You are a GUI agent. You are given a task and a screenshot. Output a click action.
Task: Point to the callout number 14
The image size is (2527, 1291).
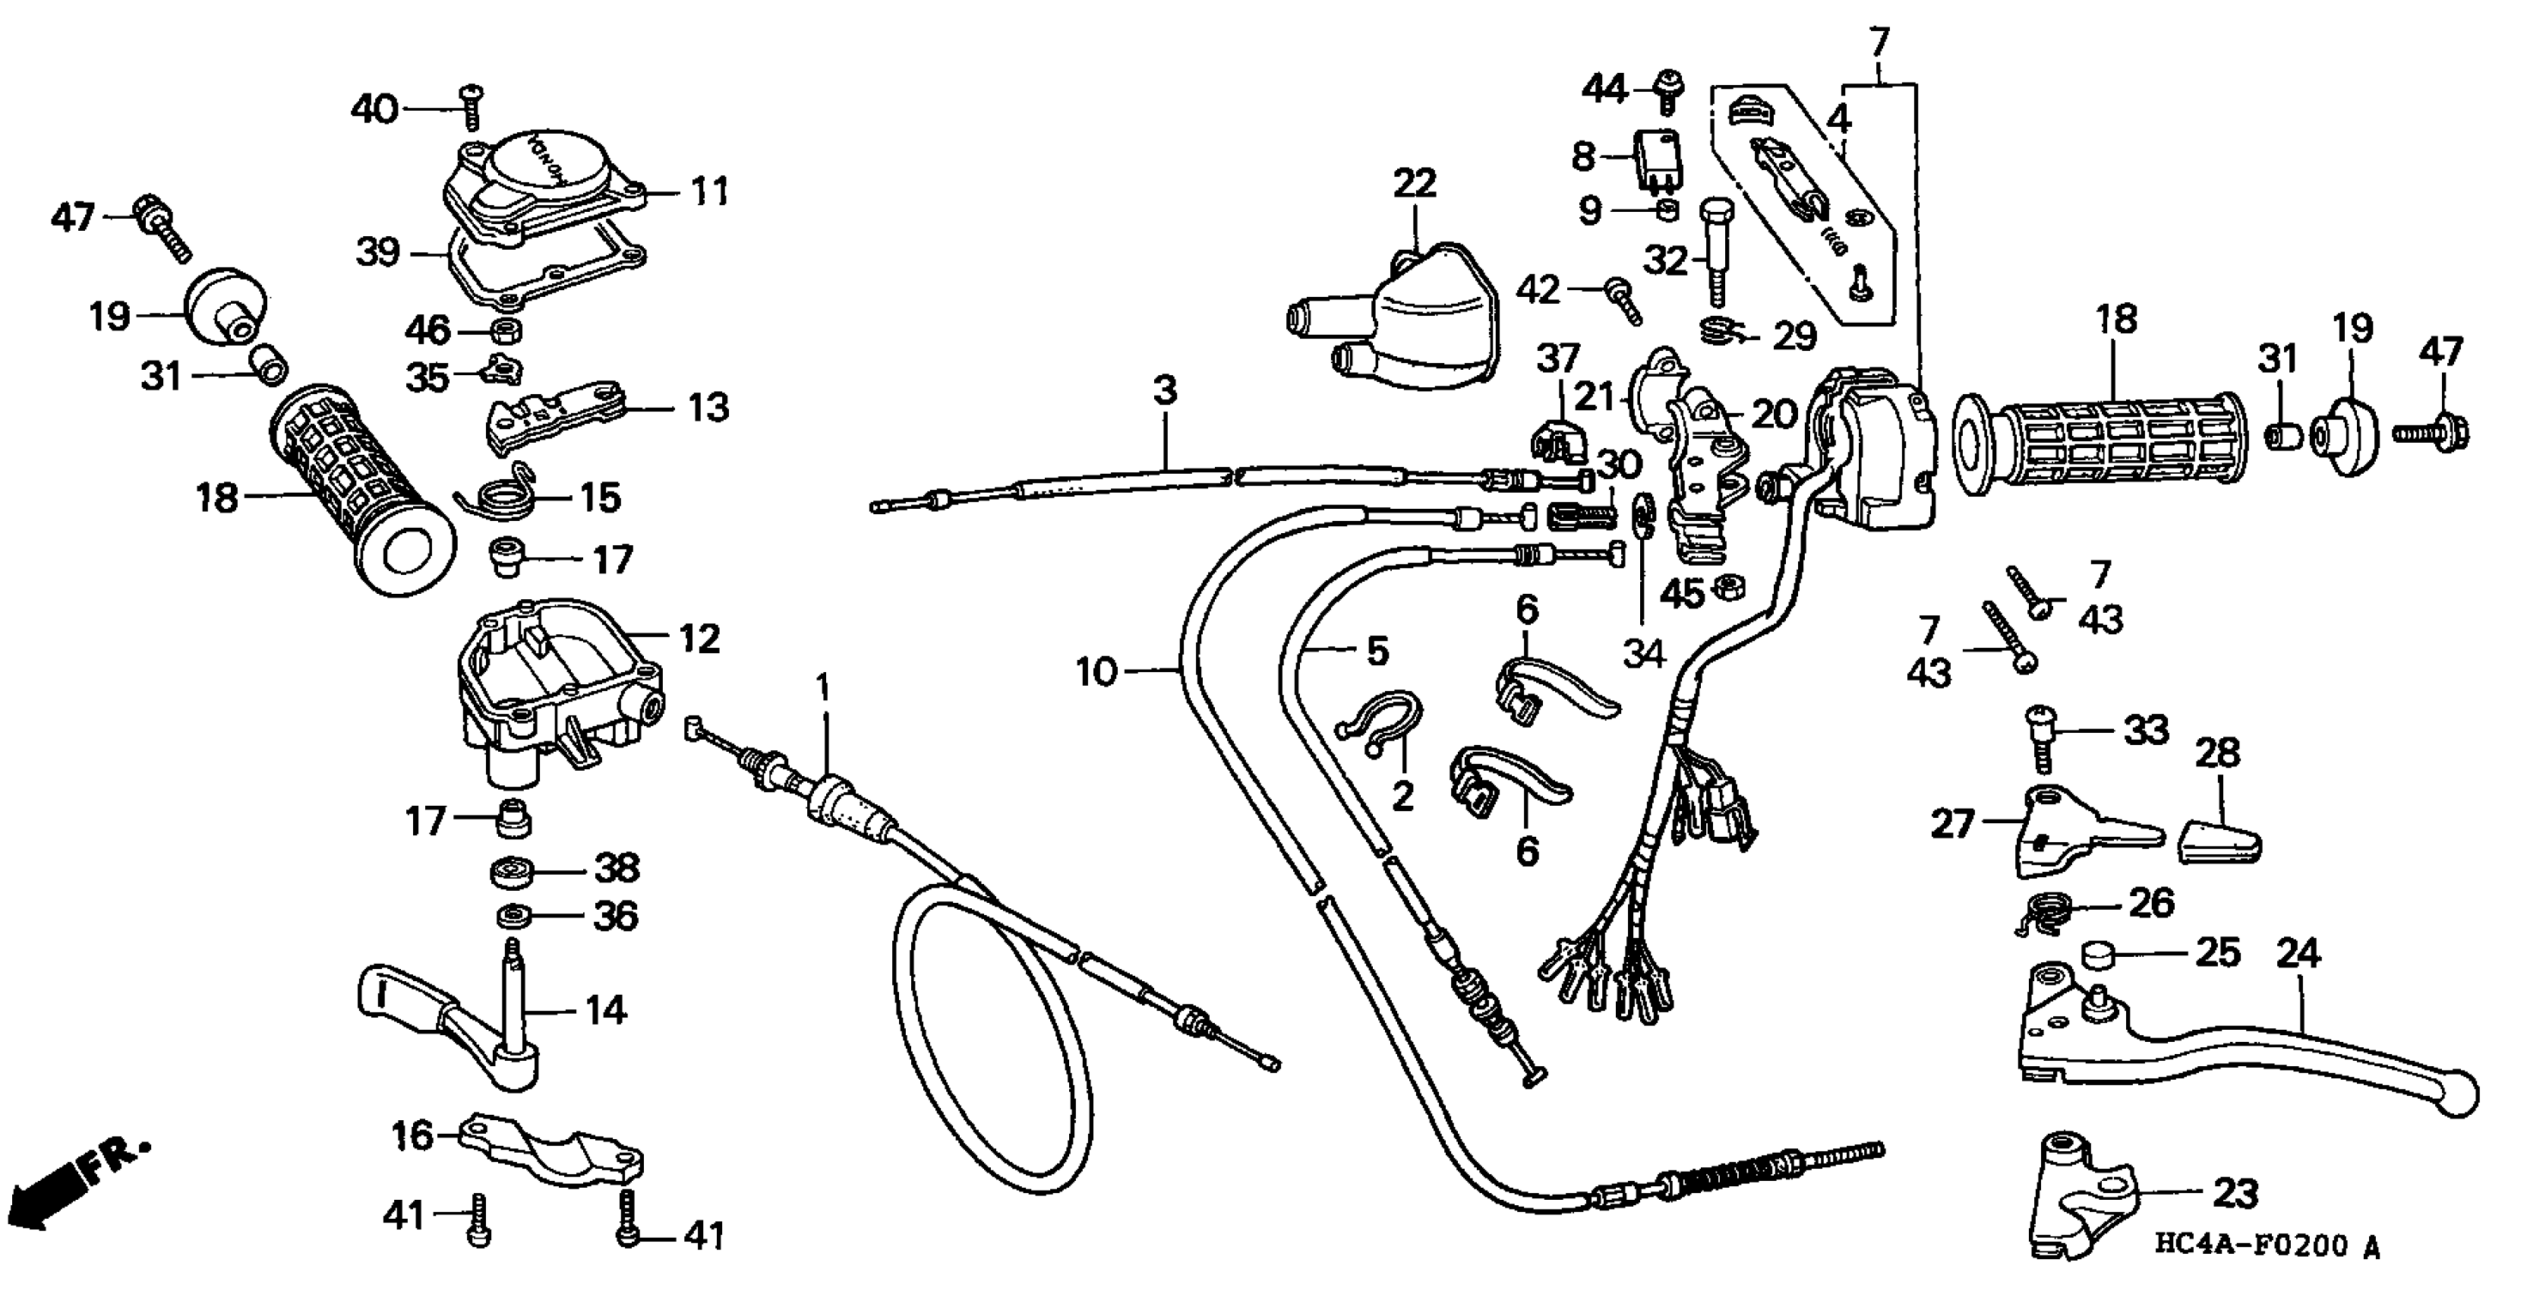[x=605, y=1008]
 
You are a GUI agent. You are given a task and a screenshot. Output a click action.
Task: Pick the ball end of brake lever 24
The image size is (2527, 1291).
[x=2456, y=1093]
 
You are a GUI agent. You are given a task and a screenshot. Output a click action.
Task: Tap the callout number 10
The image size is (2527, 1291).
[x=1096, y=672]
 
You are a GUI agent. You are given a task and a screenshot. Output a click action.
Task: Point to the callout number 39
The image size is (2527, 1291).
[x=377, y=253]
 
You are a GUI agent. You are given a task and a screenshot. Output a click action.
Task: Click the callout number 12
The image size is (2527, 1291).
[x=699, y=639]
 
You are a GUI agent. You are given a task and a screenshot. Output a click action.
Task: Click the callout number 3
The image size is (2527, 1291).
[x=1165, y=390]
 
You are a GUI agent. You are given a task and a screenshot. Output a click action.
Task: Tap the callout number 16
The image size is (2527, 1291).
[x=412, y=1135]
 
